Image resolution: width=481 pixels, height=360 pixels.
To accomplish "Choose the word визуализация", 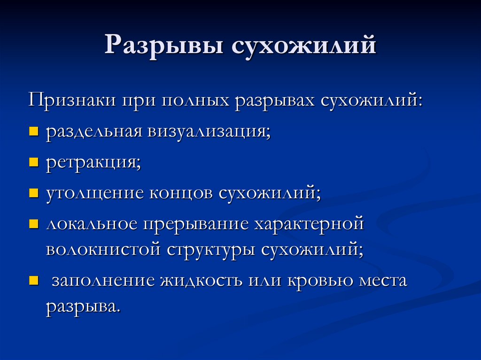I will pos(209,132).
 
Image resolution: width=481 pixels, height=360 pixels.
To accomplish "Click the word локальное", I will pos(92,223).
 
